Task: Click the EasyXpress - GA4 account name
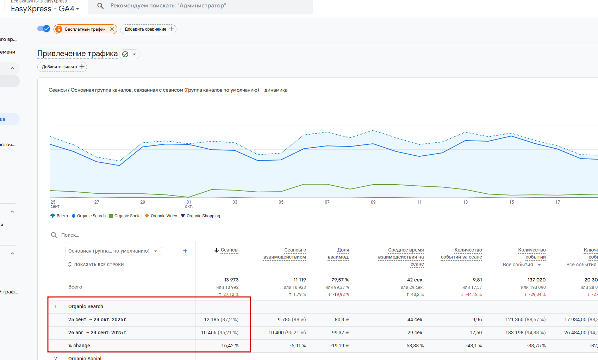[43, 9]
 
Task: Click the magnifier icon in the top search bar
[100, 6]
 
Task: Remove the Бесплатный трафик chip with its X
[112, 29]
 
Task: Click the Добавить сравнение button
[148, 29]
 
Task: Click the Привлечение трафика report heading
[77, 54]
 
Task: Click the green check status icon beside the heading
[125, 54]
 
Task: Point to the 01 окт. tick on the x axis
[189, 204]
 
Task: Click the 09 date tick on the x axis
[373, 202]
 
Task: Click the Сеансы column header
[229, 250]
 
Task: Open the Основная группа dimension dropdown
[113, 251]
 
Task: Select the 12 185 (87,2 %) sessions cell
[221, 319]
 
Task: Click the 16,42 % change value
[230, 346]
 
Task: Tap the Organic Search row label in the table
[86, 306]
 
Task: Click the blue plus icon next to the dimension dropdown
[185, 251]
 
